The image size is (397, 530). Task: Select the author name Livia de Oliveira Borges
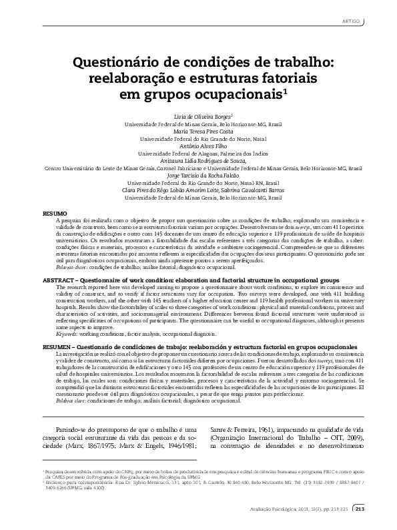point(197,115)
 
